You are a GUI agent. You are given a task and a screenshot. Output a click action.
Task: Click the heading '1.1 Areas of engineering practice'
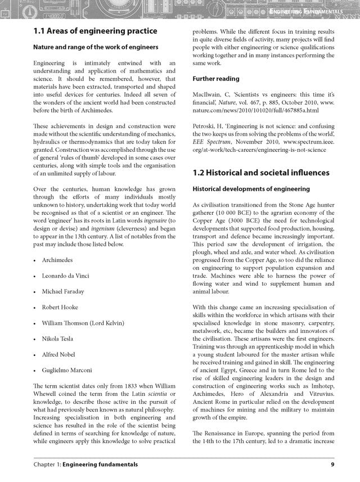pos(95,31)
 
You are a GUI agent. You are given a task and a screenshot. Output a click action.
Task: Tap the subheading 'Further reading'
pos(216,79)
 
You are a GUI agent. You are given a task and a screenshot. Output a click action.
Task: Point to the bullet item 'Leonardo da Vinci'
pos(65,276)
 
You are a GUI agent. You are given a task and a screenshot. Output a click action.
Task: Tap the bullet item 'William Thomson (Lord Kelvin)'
pos(83,323)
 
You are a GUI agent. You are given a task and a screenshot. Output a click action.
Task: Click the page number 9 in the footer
pos(332,465)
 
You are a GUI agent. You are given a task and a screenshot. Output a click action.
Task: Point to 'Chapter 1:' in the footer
pos(47,465)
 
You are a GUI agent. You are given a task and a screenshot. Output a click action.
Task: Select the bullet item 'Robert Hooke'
pos(60,307)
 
